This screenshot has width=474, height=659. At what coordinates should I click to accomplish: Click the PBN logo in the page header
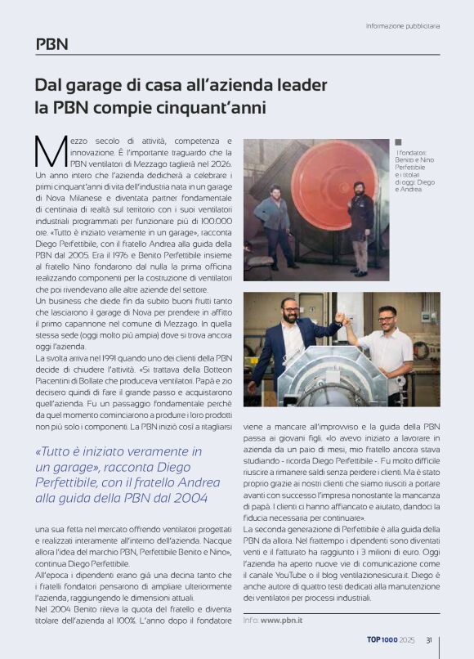(51, 44)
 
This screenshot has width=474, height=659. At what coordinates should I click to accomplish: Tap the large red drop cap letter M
(51, 149)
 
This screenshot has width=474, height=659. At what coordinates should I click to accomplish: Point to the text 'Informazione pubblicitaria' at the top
(403, 26)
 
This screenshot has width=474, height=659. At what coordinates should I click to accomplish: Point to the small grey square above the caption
(398, 142)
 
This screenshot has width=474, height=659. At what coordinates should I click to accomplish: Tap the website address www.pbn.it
(283, 621)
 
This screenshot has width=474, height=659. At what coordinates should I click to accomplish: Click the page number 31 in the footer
(429, 640)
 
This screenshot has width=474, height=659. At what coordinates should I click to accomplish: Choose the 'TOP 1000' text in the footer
(382, 640)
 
